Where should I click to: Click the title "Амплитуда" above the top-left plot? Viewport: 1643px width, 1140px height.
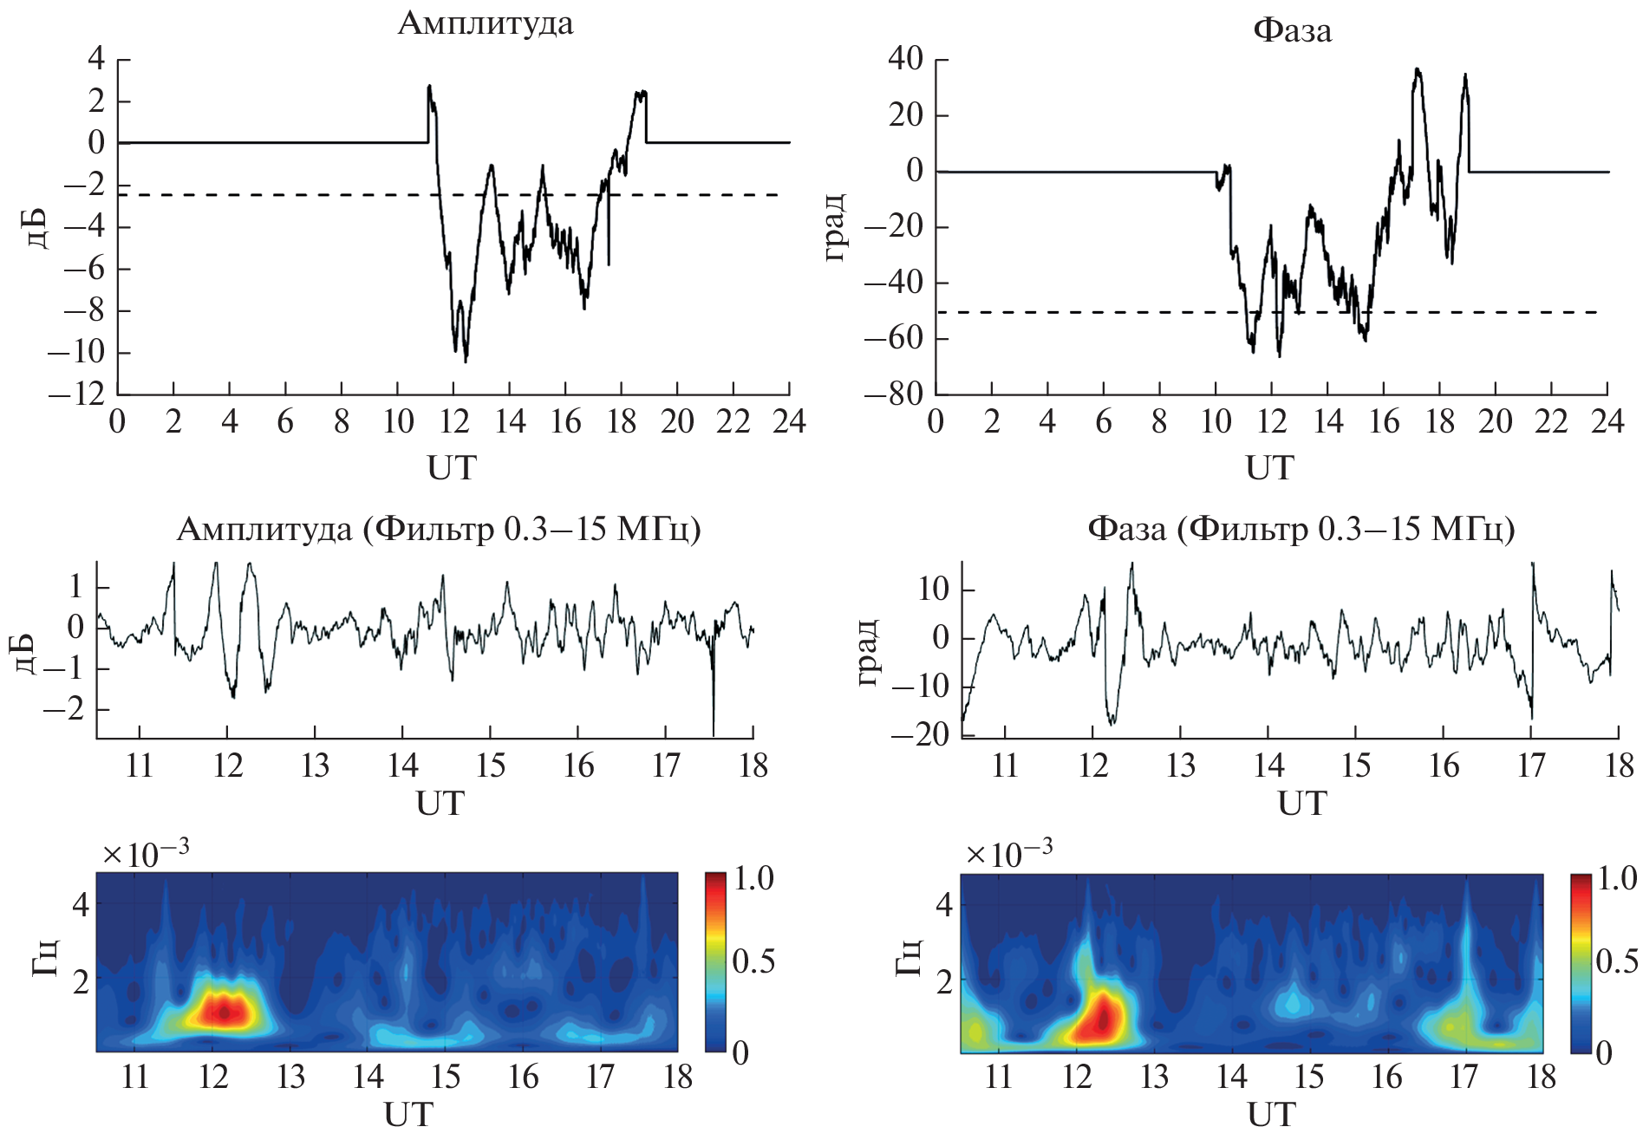(485, 23)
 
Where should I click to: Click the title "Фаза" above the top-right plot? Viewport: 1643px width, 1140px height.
(1292, 30)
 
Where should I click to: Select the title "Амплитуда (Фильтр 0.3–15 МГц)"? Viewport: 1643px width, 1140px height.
(438, 528)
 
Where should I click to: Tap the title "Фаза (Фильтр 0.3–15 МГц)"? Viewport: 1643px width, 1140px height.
(1301, 528)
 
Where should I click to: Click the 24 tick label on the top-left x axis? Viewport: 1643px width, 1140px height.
(788, 422)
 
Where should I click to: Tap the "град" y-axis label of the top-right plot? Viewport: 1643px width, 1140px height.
(834, 227)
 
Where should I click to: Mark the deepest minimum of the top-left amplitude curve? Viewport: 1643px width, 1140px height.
(466, 361)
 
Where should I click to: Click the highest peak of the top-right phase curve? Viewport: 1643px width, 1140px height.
(1417, 69)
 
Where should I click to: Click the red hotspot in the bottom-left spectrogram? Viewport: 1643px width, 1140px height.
(225, 1011)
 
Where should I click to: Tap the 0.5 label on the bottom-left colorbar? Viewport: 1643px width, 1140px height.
(753, 961)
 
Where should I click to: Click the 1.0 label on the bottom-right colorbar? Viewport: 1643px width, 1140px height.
(1616, 879)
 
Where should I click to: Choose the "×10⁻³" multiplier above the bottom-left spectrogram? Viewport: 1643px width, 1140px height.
(146, 853)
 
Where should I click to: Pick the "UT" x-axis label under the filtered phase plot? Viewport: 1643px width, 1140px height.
(1301, 804)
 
